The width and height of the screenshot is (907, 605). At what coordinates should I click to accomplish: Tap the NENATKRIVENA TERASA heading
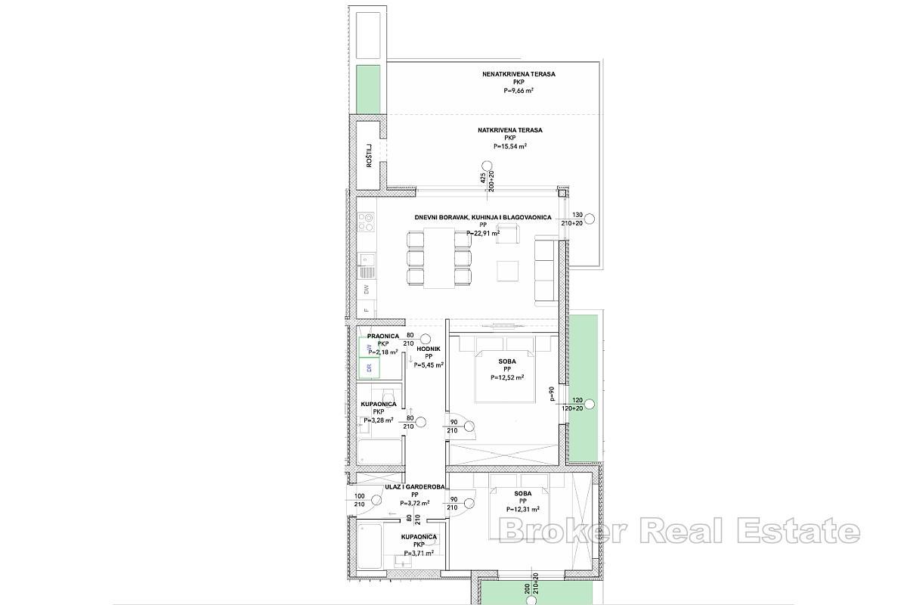click(519, 74)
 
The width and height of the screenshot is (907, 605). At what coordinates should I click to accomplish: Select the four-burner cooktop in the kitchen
click(367, 223)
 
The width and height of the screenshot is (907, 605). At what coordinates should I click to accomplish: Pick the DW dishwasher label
click(367, 289)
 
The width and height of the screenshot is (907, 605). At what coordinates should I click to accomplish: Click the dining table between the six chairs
click(438, 258)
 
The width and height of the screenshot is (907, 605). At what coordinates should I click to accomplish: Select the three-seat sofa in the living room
click(545, 270)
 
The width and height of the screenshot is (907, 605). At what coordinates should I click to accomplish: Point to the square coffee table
click(508, 271)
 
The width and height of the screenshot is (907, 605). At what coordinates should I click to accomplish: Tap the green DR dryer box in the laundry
click(370, 368)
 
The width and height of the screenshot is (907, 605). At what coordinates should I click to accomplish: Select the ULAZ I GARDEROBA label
click(414, 487)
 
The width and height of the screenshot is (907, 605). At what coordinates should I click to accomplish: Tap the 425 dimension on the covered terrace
click(481, 178)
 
